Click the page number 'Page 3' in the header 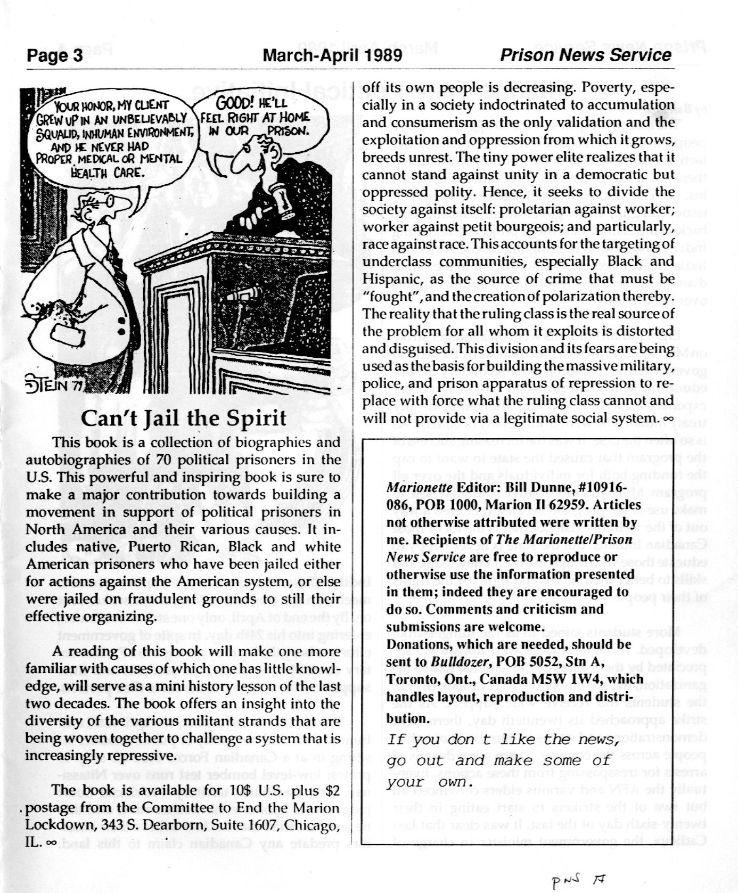point(55,56)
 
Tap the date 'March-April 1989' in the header point(332,55)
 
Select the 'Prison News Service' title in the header point(586,55)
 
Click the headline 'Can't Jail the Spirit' point(184,419)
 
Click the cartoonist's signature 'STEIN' point(49,384)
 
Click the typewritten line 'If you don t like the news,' point(503,740)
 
